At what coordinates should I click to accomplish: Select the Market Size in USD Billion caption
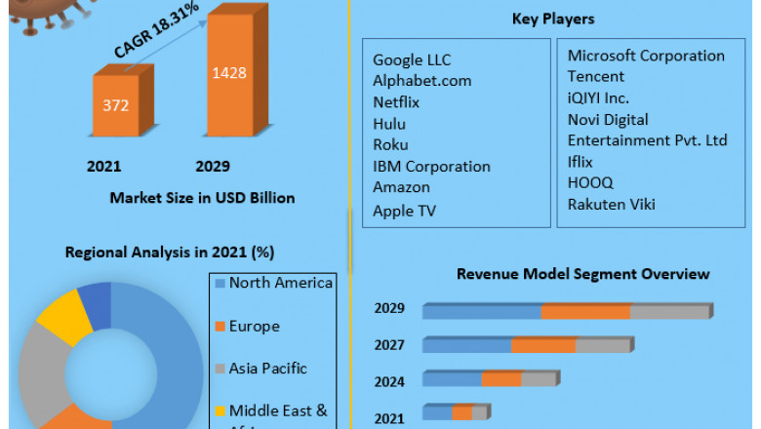pyautogui.click(x=202, y=198)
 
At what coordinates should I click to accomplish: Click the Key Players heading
pyautogui.click(x=552, y=19)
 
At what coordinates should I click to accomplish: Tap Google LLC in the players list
pyautogui.click(x=412, y=60)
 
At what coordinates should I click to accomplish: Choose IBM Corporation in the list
pyautogui.click(x=431, y=166)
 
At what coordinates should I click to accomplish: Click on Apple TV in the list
pyautogui.click(x=404, y=210)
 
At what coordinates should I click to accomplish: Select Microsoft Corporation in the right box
pyautogui.click(x=646, y=56)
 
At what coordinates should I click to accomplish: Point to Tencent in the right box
pyautogui.click(x=596, y=76)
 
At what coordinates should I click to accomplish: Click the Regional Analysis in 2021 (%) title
pyautogui.click(x=169, y=253)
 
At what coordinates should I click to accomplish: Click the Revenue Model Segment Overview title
pyautogui.click(x=582, y=274)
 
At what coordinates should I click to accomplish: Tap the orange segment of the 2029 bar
pyautogui.click(x=585, y=311)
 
